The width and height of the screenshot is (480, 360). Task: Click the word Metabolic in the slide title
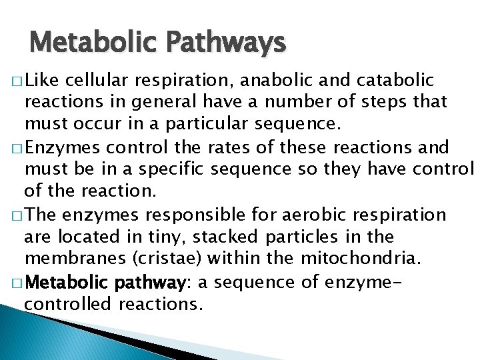point(89,44)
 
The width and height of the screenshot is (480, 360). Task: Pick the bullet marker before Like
point(14,82)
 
